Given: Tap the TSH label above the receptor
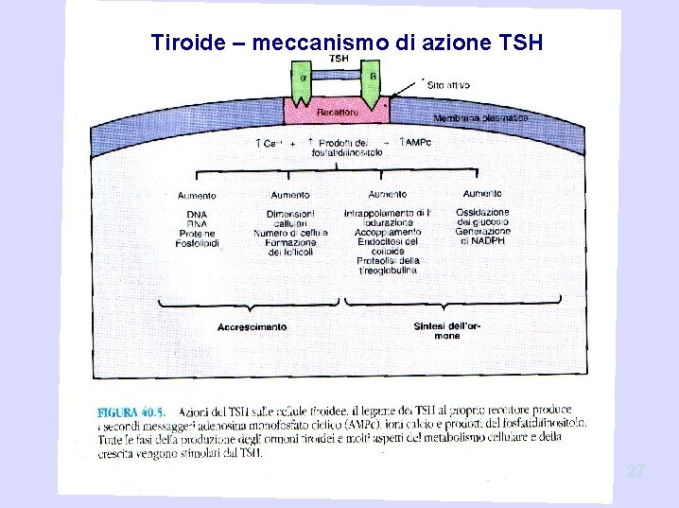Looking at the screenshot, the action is [339, 59].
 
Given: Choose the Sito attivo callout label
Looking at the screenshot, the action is [448, 85].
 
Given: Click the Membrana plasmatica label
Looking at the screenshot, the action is [480, 117].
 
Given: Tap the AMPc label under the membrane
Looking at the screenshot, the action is [416, 142].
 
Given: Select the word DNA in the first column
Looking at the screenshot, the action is [197, 213].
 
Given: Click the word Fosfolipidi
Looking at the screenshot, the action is [197, 243].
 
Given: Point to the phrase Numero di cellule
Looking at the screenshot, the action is [290, 233].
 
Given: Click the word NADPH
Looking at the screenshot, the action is [482, 241].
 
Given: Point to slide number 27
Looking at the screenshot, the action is [636, 469].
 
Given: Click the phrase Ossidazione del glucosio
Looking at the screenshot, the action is [482, 218].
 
